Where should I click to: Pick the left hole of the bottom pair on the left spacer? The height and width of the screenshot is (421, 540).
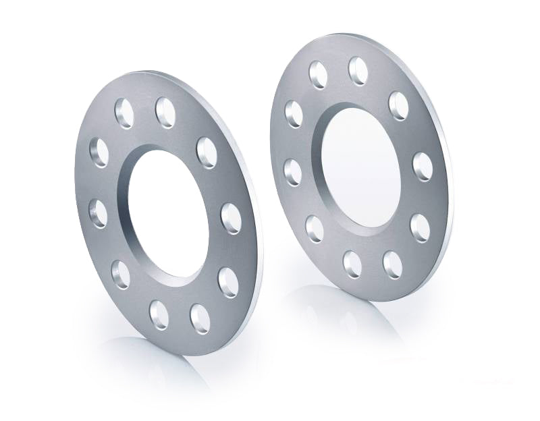pyautogui.click(x=160, y=311)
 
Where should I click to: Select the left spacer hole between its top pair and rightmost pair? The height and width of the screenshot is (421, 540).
pyautogui.click(x=207, y=152)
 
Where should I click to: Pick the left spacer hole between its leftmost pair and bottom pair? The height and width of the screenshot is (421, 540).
pyautogui.click(x=122, y=273)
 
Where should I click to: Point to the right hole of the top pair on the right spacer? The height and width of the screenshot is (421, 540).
pyautogui.click(x=358, y=67)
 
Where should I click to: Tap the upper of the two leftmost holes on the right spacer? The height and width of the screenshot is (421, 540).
pyautogui.click(x=294, y=113)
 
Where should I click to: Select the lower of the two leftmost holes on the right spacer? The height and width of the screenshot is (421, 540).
pyautogui.click(x=294, y=171)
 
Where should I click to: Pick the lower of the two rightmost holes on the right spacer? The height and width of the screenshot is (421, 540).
pyautogui.click(x=420, y=228)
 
